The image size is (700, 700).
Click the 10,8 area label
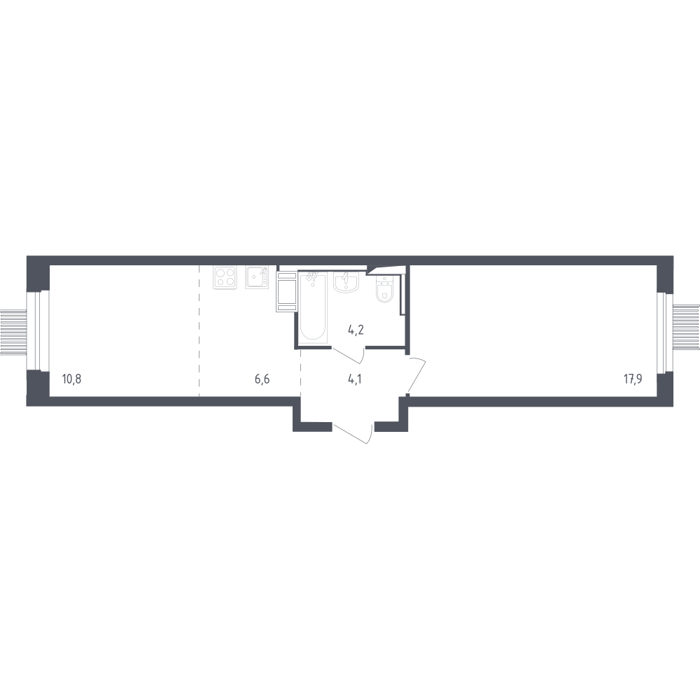(x=71, y=379)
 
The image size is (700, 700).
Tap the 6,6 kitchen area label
(x=262, y=379)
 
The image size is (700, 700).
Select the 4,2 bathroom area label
(x=356, y=330)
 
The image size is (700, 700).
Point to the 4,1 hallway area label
(x=354, y=379)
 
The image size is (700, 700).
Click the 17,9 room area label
(x=633, y=379)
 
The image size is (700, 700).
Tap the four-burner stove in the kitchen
(x=225, y=277)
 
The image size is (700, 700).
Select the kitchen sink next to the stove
(x=257, y=277)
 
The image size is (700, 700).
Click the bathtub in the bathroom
(x=314, y=307)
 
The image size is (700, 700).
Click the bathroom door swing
(x=349, y=356)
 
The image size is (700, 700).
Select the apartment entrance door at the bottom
(x=353, y=433)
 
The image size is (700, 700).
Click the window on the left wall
(x=38, y=331)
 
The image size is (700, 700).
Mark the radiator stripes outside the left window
(x=13, y=332)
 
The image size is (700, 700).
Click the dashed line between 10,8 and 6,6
(x=199, y=331)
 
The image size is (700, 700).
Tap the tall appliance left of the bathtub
(x=286, y=292)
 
